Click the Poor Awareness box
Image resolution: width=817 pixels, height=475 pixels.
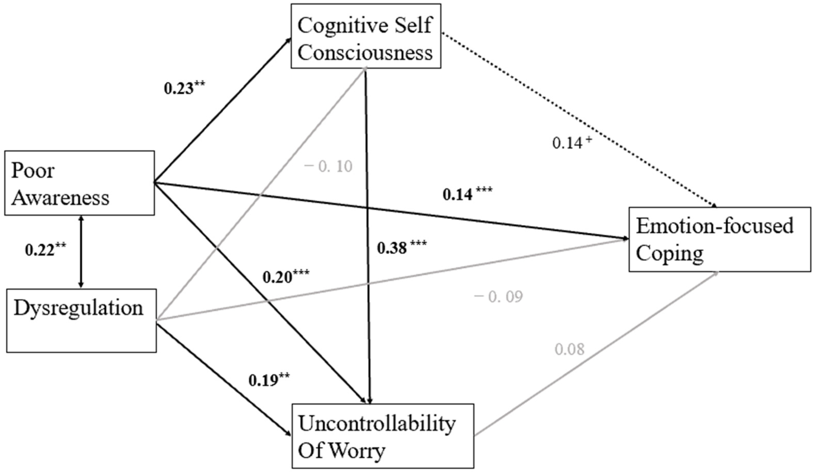tap(79, 183)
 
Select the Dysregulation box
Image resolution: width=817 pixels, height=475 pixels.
tap(81, 320)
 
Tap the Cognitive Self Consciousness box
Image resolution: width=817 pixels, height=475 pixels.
tap(366, 36)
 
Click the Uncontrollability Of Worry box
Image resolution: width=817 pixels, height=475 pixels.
tap(383, 436)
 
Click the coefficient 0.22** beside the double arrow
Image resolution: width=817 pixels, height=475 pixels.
tap(46, 250)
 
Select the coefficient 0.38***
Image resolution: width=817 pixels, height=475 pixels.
tap(402, 247)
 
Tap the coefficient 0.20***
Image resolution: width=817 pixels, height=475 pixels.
tap(286, 277)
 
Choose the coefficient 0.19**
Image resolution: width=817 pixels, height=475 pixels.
tap(269, 380)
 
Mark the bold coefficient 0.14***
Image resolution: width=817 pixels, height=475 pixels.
tap(467, 194)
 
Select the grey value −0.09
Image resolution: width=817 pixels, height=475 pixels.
tap(498, 296)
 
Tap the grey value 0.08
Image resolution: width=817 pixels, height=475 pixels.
tap(570, 349)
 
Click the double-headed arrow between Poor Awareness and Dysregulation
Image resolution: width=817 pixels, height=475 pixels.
tap(81, 252)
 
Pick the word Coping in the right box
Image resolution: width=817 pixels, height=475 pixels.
tap(670, 253)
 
